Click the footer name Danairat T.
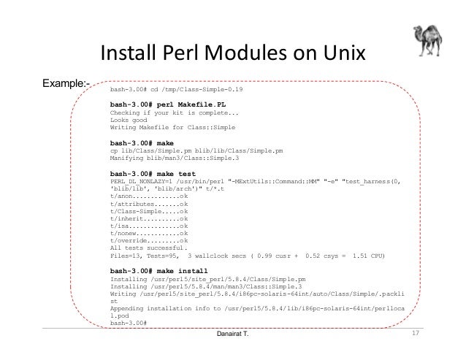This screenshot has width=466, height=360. click(x=233, y=335)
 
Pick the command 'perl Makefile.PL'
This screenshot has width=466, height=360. click(x=180, y=104)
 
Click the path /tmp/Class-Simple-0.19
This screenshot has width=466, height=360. click(x=204, y=89)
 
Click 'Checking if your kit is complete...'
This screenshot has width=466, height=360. click(x=173, y=112)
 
